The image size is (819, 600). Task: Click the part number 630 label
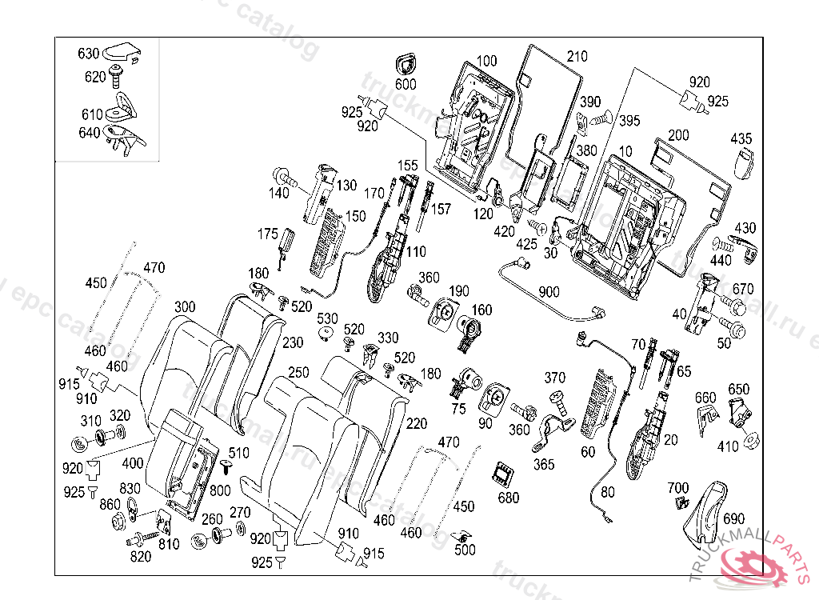pyautogui.click(x=88, y=54)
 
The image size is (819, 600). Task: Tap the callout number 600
pyautogui.click(x=406, y=84)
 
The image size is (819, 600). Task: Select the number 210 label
pyautogui.click(x=577, y=57)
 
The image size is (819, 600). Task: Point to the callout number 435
pyautogui.click(x=741, y=139)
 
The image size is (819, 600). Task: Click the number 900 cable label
pyautogui.click(x=549, y=292)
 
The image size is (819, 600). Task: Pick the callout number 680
pyautogui.click(x=508, y=498)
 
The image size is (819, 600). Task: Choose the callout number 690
pyautogui.click(x=734, y=519)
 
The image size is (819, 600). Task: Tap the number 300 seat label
pyautogui.click(x=185, y=307)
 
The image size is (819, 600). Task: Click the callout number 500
pyautogui.click(x=465, y=550)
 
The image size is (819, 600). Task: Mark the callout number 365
pyautogui.click(x=545, y=464)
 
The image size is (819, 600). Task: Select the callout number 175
pyautogui.click(x=267, y=234)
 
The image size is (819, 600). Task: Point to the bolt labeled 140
pyautogui.click(x=285, y=176)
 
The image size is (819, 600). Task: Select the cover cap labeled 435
pyautogui.click(x=745, y=164)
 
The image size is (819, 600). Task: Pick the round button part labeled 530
pyautogui.click(x=326, y=334)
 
